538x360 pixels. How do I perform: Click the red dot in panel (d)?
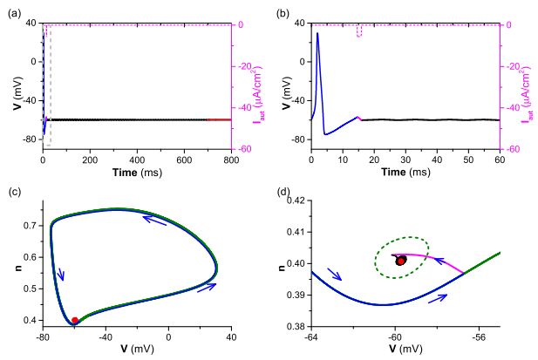400,260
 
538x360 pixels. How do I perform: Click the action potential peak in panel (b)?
317,33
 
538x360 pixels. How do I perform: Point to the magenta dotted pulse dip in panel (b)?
359,31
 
